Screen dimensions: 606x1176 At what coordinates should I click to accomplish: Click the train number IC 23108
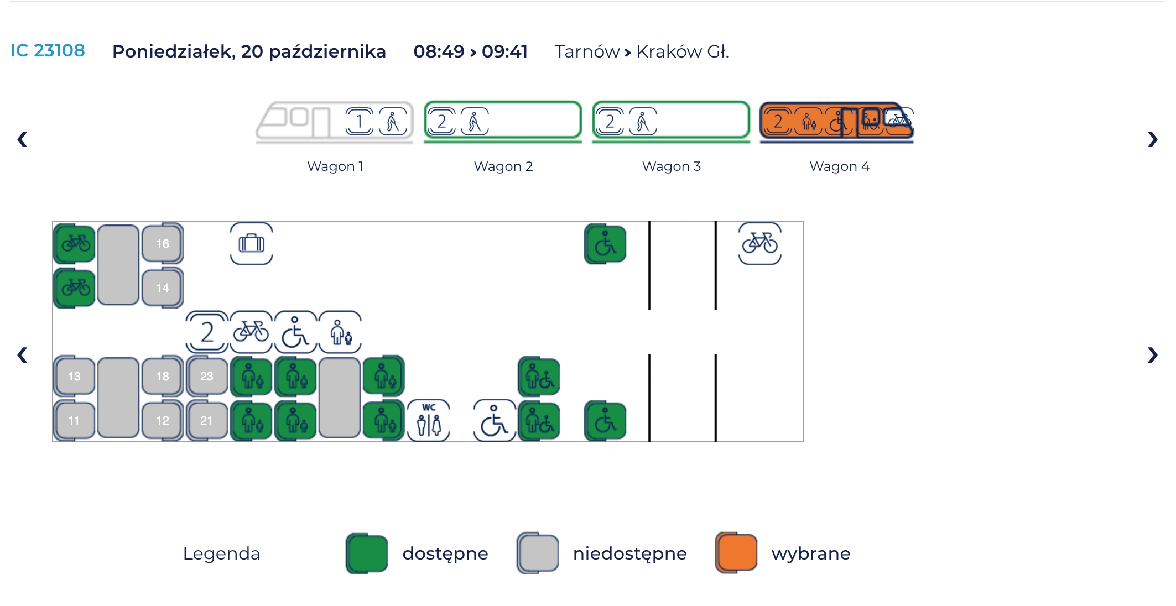tap(48, 51)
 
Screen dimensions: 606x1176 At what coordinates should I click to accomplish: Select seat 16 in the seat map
tap(162, 244)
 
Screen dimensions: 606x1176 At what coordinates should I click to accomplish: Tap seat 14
tap(162, 288)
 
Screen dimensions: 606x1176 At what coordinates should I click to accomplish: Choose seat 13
tap(74, 377)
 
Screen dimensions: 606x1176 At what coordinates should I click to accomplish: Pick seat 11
tap(74, 421)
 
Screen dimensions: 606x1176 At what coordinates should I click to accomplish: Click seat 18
tap(162, 377)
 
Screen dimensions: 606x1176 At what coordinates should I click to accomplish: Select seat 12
tap(162, 421)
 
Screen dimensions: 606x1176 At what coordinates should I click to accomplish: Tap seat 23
tap(206, 377)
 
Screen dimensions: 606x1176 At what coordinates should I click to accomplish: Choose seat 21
tap(206, 421)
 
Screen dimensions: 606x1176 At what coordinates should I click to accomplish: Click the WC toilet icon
tap(429, 421)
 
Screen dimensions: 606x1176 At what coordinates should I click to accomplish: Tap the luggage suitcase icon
tap(251, 244)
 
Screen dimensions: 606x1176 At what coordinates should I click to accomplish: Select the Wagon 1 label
tap(335, 166)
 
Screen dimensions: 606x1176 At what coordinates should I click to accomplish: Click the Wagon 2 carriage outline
tap(503, 120)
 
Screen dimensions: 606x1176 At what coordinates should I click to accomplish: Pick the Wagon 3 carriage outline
tap(671, 120)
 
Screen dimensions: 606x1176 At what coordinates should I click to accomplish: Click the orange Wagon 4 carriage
tap(836, 121)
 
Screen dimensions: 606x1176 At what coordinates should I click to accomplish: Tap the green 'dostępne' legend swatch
tap(367, 553)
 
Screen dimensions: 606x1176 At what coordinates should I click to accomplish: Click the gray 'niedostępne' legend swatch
tap(538, 553)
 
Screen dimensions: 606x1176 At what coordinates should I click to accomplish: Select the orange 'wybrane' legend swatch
tap(736, 553)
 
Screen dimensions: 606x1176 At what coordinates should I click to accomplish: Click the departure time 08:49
tap(439, 51)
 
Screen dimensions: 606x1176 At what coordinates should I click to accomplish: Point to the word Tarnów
tap(587, 51)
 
